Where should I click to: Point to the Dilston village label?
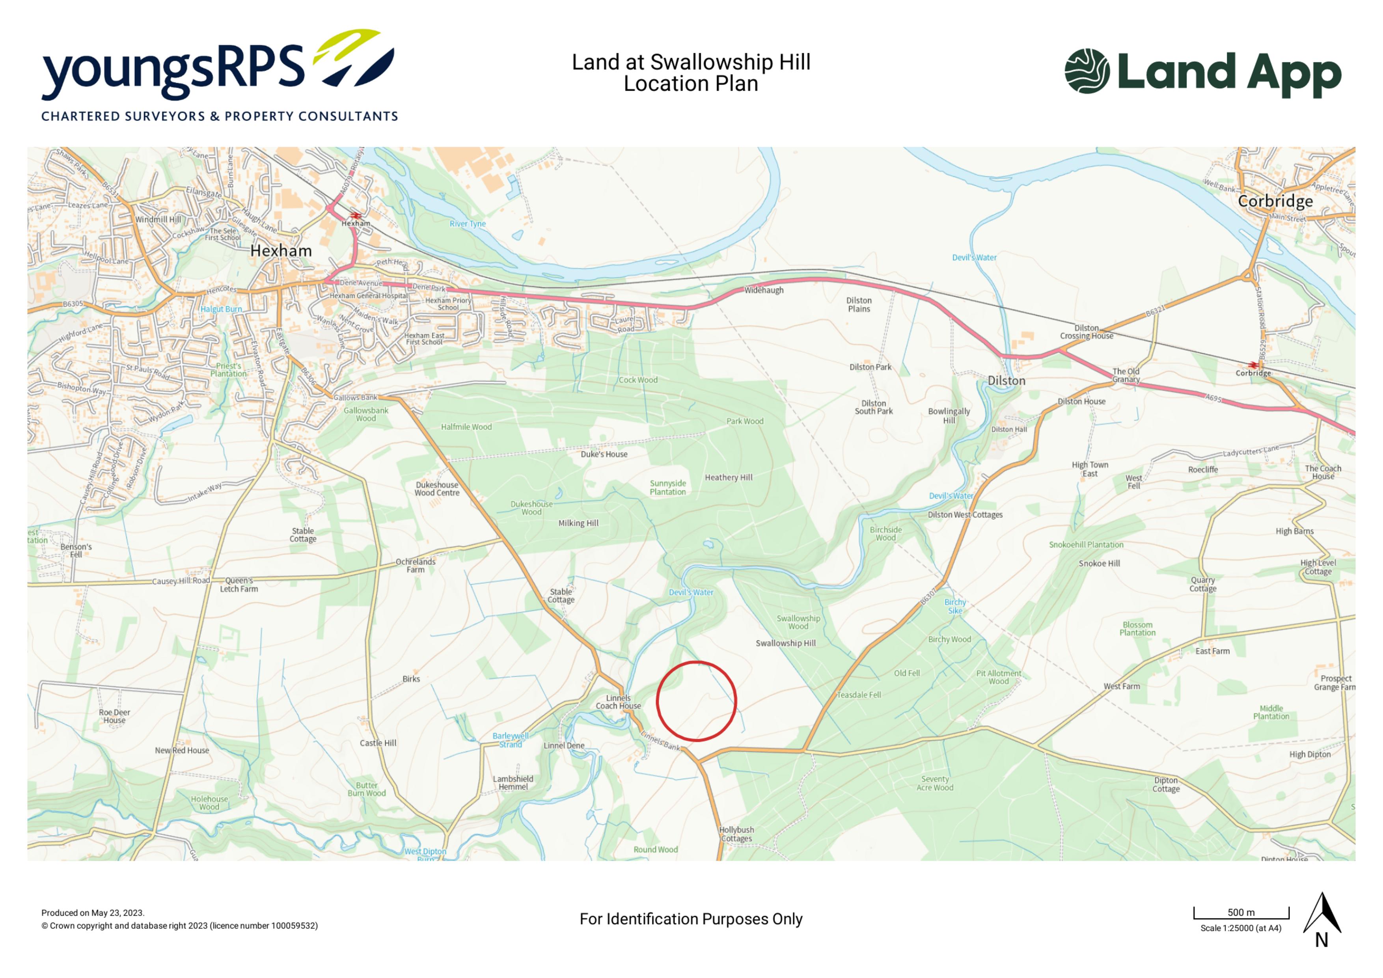(x=1006, y=381)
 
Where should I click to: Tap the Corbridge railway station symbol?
(x=1254, y=365)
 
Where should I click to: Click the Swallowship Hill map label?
(x=785, y=643)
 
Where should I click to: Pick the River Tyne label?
(x=468, y=224)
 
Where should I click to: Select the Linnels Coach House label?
(x=618, y=702)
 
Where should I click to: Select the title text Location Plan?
(x=691, y=84)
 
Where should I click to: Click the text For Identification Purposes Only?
(x=691, y=919)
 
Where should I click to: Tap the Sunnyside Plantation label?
(x=667, y=488)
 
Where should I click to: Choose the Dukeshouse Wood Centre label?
(x=437, y=489)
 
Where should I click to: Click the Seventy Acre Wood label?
(x=935, y=784)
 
